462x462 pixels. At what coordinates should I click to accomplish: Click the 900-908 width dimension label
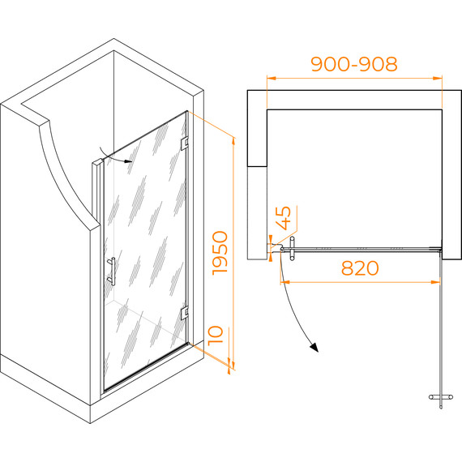point(354,64)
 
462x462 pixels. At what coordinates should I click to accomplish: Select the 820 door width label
point(360,267)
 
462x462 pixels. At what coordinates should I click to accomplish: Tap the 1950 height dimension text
point(220,253)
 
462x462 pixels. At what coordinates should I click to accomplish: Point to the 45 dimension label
point(283,218)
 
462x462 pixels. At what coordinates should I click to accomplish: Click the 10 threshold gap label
point(216,336)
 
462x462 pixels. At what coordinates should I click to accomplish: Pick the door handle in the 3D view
point(112,271)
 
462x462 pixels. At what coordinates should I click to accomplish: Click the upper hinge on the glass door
point(185,143)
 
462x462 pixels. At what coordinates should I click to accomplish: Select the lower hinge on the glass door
point(185,313)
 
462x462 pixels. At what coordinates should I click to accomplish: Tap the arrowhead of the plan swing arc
point(314,348)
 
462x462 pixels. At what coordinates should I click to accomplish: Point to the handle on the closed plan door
point(292,249)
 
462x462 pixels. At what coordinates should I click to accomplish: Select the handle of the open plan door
point(441,397)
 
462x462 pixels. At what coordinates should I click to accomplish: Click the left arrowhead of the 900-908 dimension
point(271,79)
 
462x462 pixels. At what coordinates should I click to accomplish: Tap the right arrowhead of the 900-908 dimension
point(438,79)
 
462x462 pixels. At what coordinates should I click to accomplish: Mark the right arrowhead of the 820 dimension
point(435,282)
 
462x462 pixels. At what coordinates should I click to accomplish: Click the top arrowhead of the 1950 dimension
point(233,142)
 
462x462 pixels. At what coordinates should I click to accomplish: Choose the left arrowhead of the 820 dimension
point(285,282)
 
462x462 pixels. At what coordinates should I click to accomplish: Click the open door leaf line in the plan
point(441,328)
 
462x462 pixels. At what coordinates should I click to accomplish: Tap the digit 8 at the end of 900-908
point(391,64)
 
